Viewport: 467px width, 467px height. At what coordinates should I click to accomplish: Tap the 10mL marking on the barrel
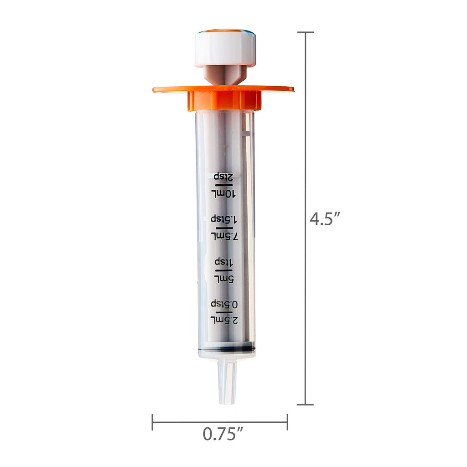[x=223, y=194]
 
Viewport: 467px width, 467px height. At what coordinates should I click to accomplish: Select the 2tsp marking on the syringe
[x=223, y=176]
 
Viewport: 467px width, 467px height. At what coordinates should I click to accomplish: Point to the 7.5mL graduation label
[x=224, y=236]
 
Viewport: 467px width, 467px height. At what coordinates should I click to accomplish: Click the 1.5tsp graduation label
[x=224, y=218]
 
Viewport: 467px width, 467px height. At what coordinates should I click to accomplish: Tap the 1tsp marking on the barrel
[x=224, y=262]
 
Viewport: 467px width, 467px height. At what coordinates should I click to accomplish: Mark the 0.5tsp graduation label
[x=224, y=304]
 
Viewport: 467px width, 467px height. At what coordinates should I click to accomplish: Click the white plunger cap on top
[x=225, y=48]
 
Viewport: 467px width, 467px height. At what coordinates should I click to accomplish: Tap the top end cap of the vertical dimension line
[x=305, y=32]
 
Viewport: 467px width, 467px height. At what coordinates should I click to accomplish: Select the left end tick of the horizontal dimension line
[x=152, y=422]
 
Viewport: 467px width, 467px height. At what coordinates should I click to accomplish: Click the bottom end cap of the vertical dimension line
[x=305, y=404]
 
